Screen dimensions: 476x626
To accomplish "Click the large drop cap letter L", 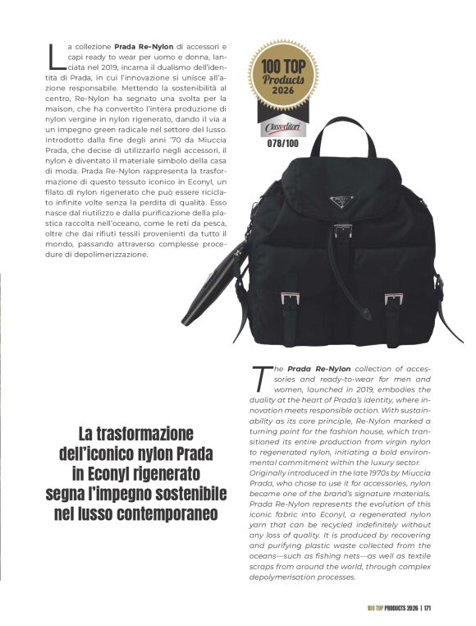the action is click(54, 55).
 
